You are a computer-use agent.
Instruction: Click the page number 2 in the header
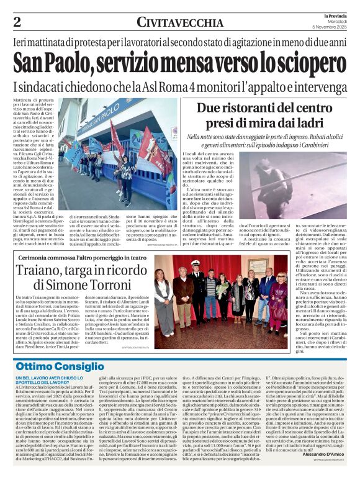(x=17, y=22)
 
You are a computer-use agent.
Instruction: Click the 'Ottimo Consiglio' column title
(x=60, y=366)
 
